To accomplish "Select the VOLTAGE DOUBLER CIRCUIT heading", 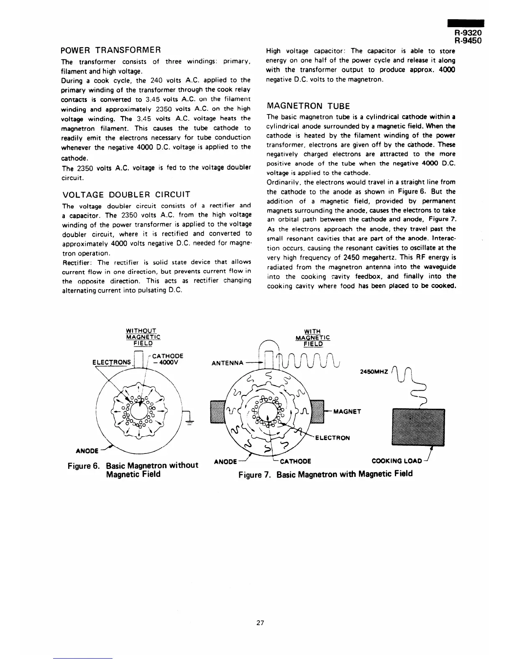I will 126,194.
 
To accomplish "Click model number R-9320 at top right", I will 468,33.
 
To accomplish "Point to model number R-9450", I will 468,41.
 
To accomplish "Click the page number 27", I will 260,623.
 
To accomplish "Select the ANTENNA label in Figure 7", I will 228,363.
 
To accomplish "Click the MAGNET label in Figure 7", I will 347,411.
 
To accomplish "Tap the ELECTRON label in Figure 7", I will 332,438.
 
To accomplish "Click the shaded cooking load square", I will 417,428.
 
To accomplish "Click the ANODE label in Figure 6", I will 87,451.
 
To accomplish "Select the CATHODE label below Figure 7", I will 295,461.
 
